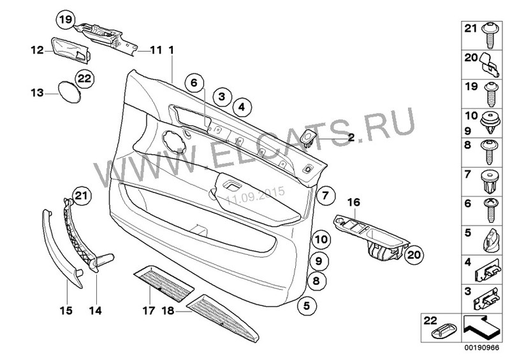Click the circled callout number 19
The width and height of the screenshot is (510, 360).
(x=66, y=20)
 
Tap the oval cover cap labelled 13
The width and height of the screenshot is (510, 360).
(x=69, y=92)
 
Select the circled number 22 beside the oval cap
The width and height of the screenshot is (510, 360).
(x=85, y=79)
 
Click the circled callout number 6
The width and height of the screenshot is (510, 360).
(x=194, y=83)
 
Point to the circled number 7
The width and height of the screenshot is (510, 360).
(x=326, y=196)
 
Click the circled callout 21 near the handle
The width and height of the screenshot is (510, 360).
(x=82, y=196)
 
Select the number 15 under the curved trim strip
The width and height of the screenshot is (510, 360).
(x=66, y=310)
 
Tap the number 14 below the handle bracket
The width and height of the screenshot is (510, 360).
(x=95, y=310)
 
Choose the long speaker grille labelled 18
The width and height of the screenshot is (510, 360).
(x=224, y=319)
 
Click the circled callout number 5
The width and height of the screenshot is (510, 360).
(x=306, y=306)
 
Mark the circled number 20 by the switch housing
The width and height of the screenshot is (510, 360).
(x=414, y=255)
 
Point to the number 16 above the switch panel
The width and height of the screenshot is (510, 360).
(x=354, y=203)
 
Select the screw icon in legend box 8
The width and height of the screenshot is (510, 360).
(x=488, y=152)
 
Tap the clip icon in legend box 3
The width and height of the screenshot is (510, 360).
(x=486, y=299)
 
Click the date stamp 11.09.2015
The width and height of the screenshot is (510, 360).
(x=256, y=196)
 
